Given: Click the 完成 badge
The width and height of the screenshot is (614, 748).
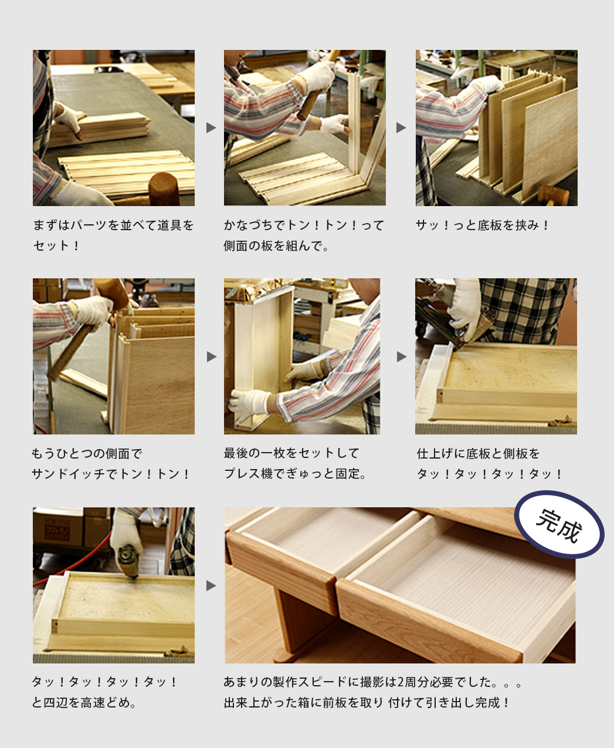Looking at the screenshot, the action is [x=559, y=524].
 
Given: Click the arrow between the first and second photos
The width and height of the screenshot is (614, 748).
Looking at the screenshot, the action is [x=211, y=127].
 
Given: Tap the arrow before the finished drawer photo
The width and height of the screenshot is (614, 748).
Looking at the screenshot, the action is [x=211, y=585].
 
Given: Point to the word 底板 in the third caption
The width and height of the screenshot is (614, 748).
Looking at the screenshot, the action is [x=489, y=225].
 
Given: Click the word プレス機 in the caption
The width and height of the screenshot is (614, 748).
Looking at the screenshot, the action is [x=249, y=474].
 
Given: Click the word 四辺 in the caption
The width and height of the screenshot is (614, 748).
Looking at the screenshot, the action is [x=56, y=703].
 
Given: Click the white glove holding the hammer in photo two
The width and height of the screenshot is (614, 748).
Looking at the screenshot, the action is [x=316, y=76].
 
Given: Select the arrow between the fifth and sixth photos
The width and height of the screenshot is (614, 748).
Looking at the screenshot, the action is [x=402, y=357].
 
